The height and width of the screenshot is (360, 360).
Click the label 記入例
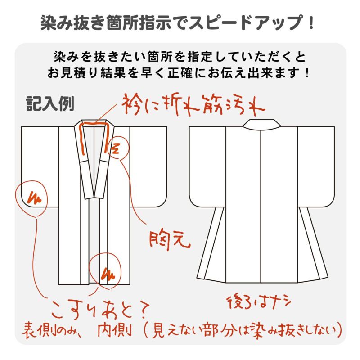coord(50,104)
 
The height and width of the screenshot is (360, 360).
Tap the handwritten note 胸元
coord(170,240)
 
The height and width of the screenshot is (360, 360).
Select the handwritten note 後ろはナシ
coord(259,302)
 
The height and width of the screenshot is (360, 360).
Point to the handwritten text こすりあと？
coord(100,310)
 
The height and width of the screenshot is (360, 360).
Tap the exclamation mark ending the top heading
coord(311,22)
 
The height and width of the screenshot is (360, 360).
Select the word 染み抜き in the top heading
coord(73,22)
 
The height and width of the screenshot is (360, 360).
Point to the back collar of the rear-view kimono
coord(262,123)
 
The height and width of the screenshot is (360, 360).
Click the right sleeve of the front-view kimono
coord(148,166)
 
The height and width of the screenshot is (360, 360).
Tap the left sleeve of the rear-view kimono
coord(207,166)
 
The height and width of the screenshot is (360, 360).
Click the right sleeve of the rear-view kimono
coord(316,166)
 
